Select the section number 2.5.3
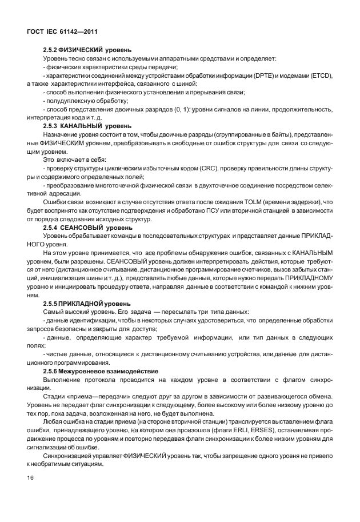52,125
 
